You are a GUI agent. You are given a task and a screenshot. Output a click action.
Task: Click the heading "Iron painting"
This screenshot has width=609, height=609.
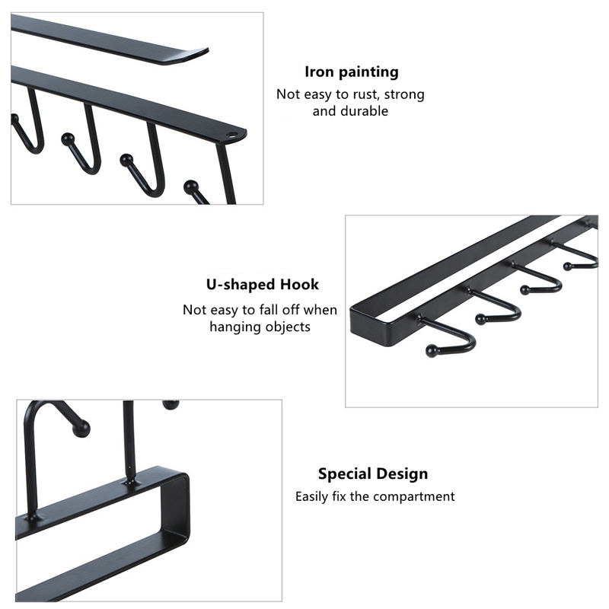coord(352,72)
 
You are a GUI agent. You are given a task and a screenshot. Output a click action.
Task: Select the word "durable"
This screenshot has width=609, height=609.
coord(364,111)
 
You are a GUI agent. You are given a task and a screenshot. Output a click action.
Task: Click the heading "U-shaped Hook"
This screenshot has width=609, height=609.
coord(263,285)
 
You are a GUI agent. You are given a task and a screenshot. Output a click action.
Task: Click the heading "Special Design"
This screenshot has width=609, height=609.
coord(373,473)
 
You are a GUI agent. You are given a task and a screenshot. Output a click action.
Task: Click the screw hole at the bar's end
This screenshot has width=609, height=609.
coord(231,136)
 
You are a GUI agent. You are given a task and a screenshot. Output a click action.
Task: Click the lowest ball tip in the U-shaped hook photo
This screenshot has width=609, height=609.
coord(432,351)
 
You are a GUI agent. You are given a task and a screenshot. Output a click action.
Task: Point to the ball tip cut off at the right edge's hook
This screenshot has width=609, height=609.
coord(567,266)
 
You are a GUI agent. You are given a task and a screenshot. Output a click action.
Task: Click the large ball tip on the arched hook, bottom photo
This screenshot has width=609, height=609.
coord(81,429)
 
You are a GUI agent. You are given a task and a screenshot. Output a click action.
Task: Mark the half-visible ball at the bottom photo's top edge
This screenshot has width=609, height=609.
coord(171,405)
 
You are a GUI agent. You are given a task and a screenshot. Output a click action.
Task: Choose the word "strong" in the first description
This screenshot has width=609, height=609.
coord(404,94)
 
